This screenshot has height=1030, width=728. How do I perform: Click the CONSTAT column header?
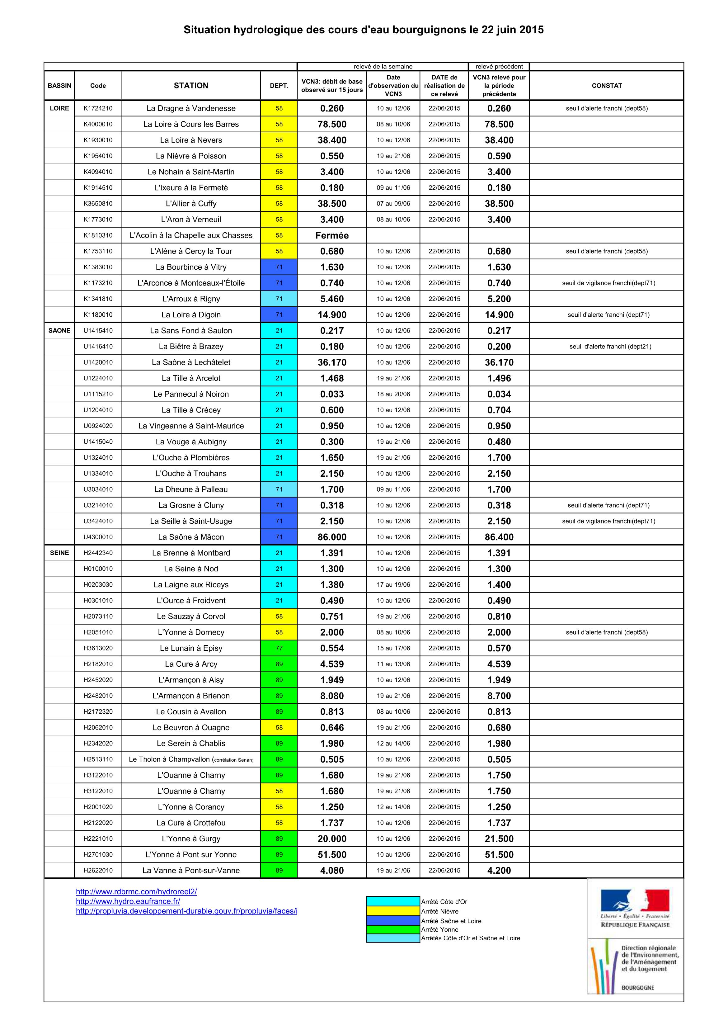click(x=606, y=85)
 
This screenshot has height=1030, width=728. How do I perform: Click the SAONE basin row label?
click(x=59, y=331)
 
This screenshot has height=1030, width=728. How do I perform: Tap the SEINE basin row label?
click(x=59, y=553)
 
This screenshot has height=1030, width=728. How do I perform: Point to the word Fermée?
click(x=332, y=235)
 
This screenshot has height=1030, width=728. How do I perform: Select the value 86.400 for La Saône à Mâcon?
click(x=499, y=537)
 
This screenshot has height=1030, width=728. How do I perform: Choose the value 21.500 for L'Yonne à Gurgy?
click(x=499, y=839)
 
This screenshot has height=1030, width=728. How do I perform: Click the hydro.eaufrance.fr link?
click(x=128, y=901)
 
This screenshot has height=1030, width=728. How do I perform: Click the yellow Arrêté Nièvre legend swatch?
click(x=393, y=911)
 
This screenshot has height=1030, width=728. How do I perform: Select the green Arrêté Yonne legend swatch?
click(x=393, y=929)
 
